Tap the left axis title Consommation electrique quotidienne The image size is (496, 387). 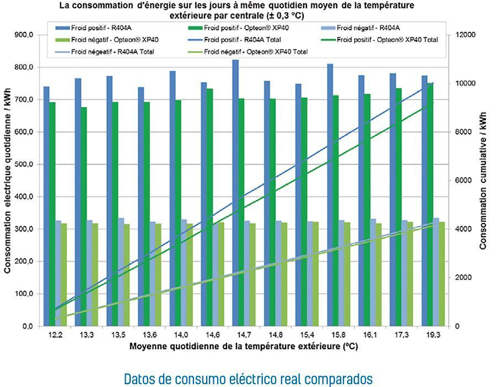[x=8, y=182]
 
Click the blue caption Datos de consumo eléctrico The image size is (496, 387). [x=248, y=379]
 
